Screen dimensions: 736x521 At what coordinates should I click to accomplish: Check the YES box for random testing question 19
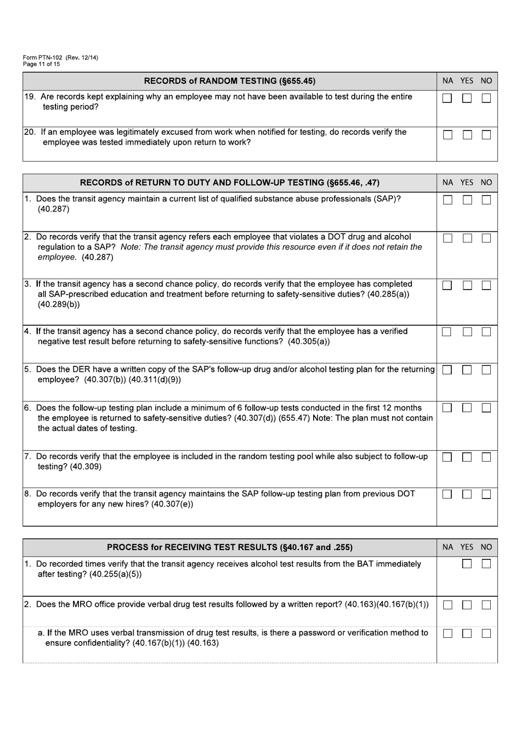click(467, 99)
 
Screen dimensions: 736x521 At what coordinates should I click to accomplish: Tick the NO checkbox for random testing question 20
click(486, 135)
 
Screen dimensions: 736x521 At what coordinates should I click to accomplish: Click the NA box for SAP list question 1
click(448, 200)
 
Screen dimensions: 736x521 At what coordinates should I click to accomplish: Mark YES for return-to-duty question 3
click(467, 286)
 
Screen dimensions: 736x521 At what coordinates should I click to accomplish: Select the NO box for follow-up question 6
click(486, 408)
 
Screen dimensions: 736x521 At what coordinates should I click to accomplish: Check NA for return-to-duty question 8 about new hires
click(448, 494)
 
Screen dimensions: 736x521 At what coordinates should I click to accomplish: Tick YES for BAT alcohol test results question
click(467, 564)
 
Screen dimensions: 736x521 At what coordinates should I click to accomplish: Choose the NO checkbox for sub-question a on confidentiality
click(486, 633)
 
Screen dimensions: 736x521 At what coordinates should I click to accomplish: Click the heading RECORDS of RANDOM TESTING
click(229, 81)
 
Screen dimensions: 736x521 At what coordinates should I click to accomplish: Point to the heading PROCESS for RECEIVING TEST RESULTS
click(229, 547)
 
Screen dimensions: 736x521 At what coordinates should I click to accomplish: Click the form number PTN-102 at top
click(43, 58)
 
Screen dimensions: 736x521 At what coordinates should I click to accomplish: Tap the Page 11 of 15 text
click(42, 64)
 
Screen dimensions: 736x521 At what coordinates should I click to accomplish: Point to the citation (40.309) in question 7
click(86, 467)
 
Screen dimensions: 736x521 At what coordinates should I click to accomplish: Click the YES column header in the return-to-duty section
click(467, 183)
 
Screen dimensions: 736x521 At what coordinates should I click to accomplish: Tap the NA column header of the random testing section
click(448, 81)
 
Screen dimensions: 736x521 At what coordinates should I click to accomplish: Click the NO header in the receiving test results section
click(486, 547)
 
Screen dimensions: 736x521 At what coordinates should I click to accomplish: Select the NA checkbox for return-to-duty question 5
click(448, 370)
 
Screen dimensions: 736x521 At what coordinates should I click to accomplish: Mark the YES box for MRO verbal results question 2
click(467, 605)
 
